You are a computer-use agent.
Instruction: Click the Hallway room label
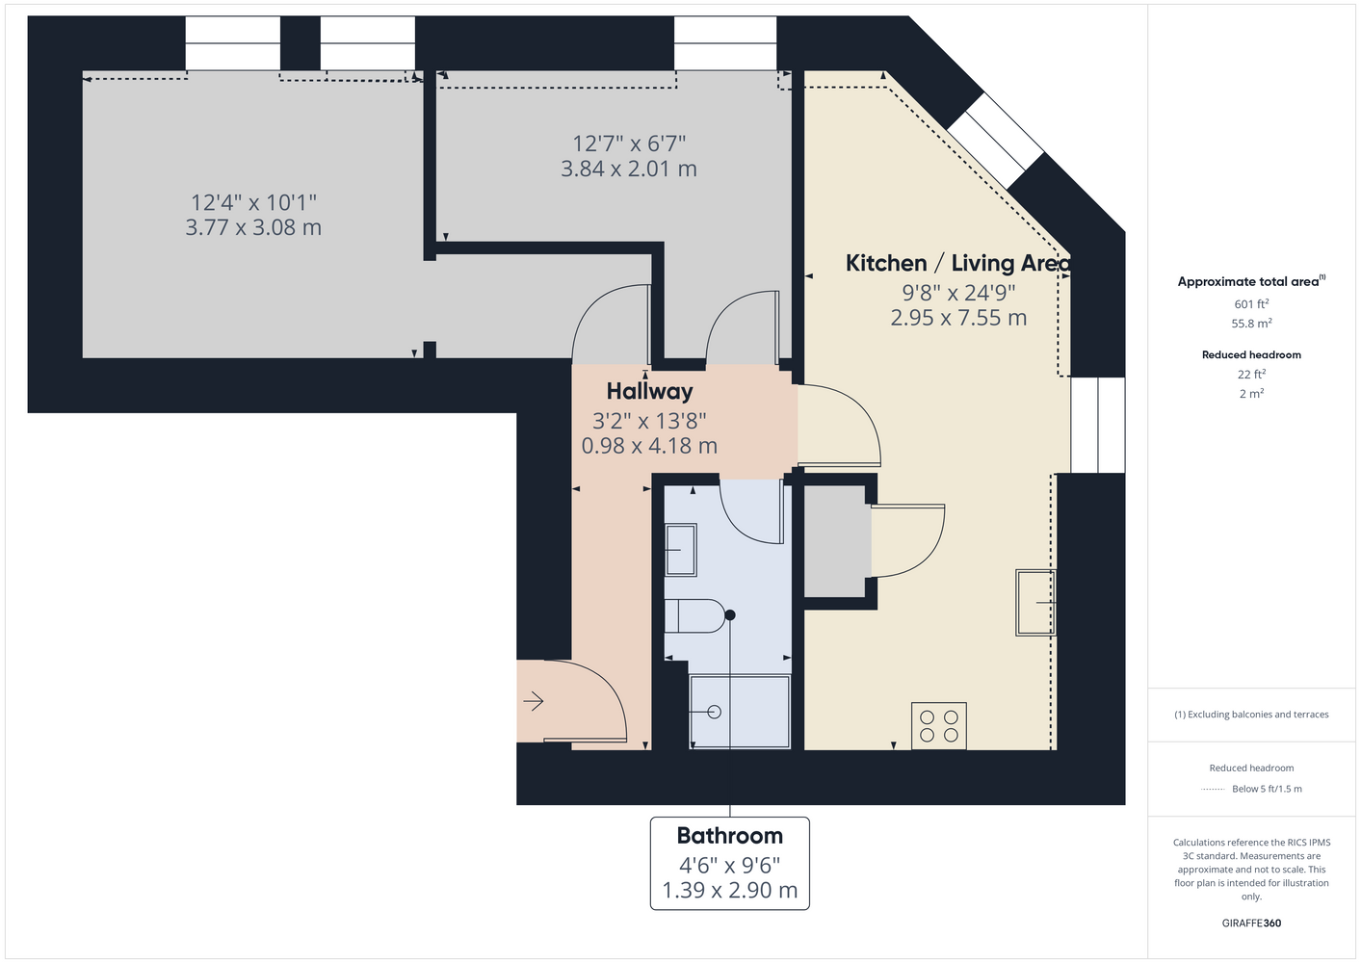649,392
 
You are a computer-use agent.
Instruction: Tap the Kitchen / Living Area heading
958,263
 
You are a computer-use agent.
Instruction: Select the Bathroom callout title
730,836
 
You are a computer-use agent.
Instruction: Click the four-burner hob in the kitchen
939,725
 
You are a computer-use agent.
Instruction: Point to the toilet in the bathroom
694,616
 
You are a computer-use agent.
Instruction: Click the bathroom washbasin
680,550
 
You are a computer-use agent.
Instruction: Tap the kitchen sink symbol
1035,602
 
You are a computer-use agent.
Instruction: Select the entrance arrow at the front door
533,701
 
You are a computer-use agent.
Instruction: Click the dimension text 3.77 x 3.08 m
253,227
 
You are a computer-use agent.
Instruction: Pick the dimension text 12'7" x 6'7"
629,144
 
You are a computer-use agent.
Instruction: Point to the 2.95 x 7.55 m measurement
958,318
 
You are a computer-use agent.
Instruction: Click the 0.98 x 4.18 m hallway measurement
649,446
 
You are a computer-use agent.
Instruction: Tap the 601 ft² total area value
1251,303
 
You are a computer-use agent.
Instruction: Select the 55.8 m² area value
1251,324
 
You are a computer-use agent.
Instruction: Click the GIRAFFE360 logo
1251,923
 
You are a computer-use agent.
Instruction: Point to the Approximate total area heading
1251,280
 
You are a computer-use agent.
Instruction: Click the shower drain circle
715,712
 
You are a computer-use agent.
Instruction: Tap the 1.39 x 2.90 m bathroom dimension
730,890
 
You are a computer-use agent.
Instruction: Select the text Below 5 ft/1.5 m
1267,789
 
